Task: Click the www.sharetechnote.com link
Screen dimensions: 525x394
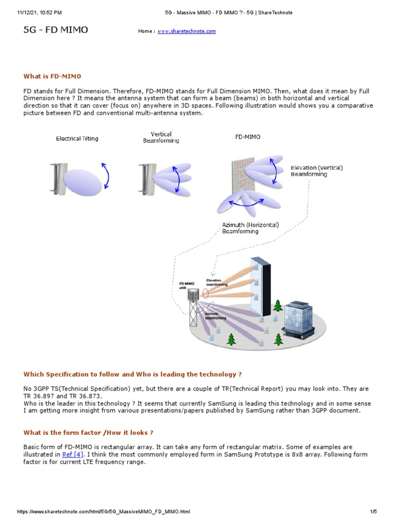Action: click(x=186, y=31)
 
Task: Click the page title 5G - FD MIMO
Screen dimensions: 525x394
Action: click(x=56, y=30)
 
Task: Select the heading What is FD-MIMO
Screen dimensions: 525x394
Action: click(x=52, y=76)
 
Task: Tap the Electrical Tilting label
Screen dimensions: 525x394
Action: click(x=77, y=138)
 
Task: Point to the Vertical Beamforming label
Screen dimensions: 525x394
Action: click(x=161, y=137)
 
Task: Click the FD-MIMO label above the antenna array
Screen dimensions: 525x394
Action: click(x=248, y=137)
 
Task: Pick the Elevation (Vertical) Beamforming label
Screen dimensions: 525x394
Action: click(x=316, y=171)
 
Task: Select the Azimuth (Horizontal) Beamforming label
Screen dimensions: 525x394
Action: click(x=250, y=228)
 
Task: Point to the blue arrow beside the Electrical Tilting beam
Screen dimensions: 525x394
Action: click(x=106, y=175)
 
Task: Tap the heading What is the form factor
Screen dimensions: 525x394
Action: click(x=88, y=433)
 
